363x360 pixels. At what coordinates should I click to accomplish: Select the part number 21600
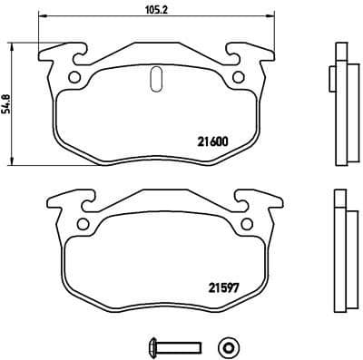tap(212, 141)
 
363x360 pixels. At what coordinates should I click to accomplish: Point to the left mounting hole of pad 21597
tap(83, 224)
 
